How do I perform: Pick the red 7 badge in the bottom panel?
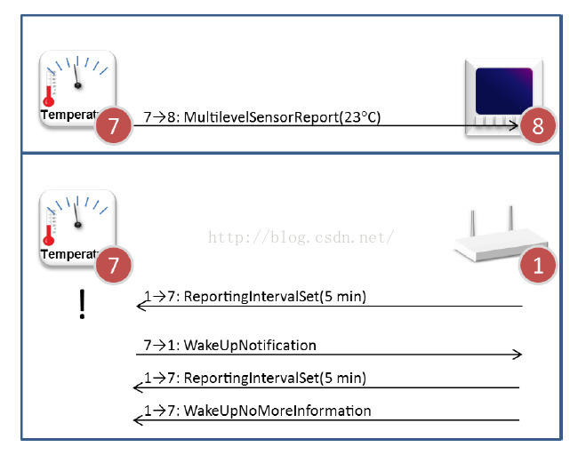[113, 265]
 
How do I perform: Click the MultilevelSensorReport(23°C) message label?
[262, 116]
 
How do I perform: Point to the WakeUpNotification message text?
[229, 345]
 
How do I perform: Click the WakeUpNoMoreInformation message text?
[257, 411]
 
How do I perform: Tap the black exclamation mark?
[82, 304]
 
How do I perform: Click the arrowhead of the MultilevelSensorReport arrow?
[514, 126]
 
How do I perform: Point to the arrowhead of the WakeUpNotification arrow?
[517, 355]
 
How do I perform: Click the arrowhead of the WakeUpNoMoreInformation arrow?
[138, 419]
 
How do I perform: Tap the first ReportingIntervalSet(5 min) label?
[254, 297]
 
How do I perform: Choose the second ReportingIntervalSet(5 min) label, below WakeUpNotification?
[254, 378]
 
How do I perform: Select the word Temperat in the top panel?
[68, 116]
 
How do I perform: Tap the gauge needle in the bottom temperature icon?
[78, 217]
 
